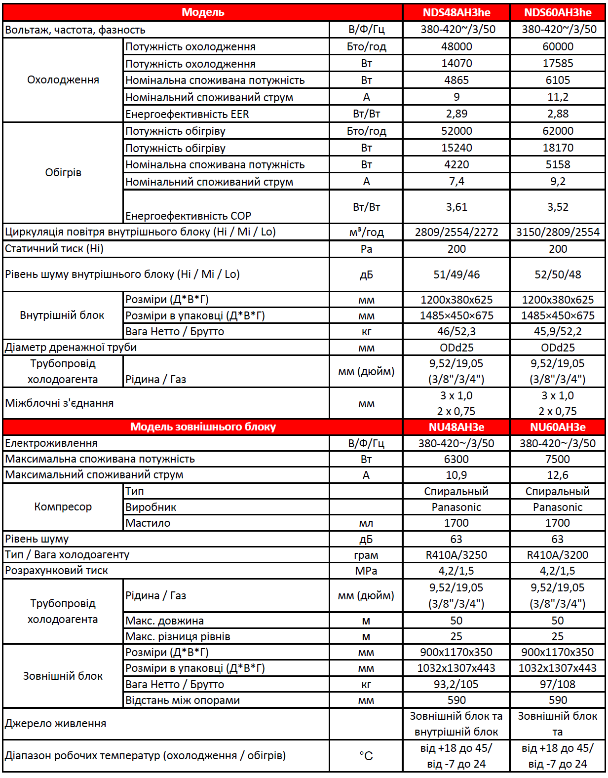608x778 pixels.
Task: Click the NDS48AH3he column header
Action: [456, 12]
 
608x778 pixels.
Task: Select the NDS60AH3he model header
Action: [558, 12]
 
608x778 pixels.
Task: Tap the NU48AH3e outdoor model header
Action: [456, 427]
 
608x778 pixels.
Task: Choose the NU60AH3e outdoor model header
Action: [558, 427]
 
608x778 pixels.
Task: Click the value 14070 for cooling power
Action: [456, 63]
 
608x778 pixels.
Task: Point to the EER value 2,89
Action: [456, 114]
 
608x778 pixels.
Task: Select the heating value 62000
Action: [558, 131]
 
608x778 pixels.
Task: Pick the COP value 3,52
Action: [558, 207]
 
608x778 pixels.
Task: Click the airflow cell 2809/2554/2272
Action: [456, 232]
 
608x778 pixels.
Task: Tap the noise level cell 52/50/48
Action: [558, 274]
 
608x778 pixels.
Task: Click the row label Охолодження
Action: [63, 80]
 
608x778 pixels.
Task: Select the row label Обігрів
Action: [63, 173]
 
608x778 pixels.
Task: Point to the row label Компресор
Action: [63, 507]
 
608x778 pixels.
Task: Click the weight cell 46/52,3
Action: [456, 331]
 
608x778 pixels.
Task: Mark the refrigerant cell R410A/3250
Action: [456, 555]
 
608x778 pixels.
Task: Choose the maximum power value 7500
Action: [558, 459]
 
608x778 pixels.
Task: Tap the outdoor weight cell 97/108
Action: [558, 684]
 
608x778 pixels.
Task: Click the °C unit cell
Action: [366, 756]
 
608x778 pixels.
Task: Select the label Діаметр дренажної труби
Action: [71, 348]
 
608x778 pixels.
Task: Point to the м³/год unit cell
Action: [366, 232]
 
